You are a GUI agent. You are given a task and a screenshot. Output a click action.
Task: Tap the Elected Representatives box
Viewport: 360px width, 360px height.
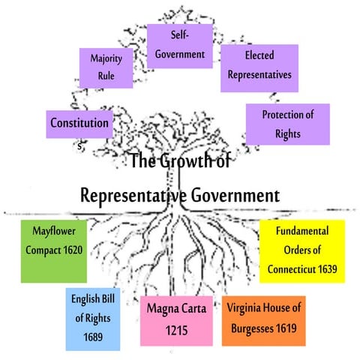(258, 65)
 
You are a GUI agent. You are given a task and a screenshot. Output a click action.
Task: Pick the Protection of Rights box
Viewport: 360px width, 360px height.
(287, 123)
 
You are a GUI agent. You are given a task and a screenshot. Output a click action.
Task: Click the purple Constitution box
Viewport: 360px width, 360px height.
(79, 122)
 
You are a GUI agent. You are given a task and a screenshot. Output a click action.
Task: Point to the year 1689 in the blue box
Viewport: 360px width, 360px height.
(92, 336)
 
